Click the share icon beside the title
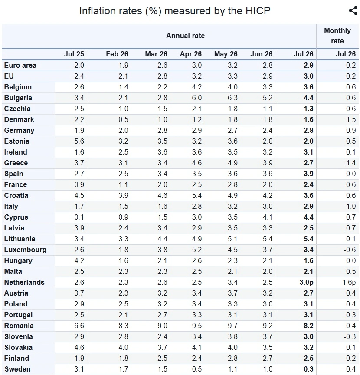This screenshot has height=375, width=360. pyautogui.click(x=353, y=11)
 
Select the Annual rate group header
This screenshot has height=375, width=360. pyautogui.click(x=186, y=36)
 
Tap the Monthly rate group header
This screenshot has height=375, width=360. pyautogui.click(x=337, y=36)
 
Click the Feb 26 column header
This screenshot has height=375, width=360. pyautogui.click(x=117, y=54)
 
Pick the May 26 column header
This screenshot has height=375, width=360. pyautogui.click(x=226, y=54)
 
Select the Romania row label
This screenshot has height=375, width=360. pyautogui.click(x=19, y=326)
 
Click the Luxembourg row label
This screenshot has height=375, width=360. pyautogui.click(x=25, y=250)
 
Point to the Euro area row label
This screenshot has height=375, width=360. pyautogui.click(x=20, y=65)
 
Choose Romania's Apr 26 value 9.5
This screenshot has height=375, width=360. pyautogui.click(x=197, y=326)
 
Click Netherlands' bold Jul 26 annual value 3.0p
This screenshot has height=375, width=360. pyautogui.click(x=306, y=283)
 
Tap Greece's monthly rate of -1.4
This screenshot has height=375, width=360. pyautogui.click(x=350, y=163)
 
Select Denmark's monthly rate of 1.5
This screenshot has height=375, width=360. pyautogui.click(x=351, y=120)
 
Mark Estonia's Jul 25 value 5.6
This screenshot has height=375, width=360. pyautogui.click(x=79, y=141)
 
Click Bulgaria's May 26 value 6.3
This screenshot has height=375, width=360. pyautogui.click(x=232, y=98)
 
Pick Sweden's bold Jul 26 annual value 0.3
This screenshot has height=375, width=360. pyautogui.click(x=308, y=369)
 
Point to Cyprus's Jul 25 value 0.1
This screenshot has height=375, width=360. pyautogui.click(x=79, y=217)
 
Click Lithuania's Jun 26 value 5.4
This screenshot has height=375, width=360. pyautogui.click(x=268, y=239)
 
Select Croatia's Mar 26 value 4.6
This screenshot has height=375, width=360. pyautogui.click(x=162, y=196)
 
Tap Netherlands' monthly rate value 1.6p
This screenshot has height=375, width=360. pyautogui.click(x=349, y=283)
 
